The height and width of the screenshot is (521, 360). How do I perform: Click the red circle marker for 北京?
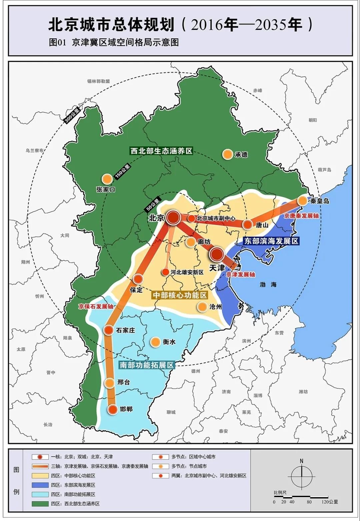click(173, 218)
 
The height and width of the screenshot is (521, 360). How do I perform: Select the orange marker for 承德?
click(227, 154)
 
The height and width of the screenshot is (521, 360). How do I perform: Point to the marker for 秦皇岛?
click(302, 201)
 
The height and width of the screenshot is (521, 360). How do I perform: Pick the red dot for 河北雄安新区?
click(165, 272)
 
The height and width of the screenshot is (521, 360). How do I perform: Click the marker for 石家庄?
click(108, 330)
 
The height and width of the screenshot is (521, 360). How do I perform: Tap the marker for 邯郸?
click(113, 409)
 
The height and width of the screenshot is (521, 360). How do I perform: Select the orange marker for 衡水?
click(155, 342)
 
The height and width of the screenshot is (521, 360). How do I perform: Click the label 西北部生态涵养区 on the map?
click(161, 151)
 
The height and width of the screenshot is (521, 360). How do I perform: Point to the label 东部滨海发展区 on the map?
click(271, 241)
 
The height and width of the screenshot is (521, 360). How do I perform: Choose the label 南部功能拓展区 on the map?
click(147, 365)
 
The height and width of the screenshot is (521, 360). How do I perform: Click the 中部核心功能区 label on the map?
click(180, 295)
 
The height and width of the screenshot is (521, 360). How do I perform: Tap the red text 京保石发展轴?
click(96, 306)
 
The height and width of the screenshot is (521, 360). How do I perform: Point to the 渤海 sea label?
click(268, 284)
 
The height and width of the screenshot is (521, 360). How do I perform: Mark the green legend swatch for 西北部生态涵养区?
click(40, 504)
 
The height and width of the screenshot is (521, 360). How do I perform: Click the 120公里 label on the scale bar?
click(330, 502)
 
